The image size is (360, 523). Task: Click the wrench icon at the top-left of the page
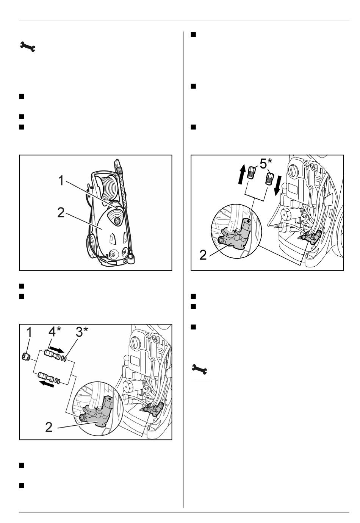28,46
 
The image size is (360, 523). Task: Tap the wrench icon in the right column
199,369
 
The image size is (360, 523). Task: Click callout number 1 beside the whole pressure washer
61,181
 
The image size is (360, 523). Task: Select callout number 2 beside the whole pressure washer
61,212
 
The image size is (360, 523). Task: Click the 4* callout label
55,331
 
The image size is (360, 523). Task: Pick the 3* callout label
82,331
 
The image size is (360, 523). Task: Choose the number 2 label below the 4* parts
49,427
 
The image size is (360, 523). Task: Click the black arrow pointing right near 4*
56,349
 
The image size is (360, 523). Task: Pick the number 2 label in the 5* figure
203,255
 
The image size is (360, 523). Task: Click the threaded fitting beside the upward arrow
251,173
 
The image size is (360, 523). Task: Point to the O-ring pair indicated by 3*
64,358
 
